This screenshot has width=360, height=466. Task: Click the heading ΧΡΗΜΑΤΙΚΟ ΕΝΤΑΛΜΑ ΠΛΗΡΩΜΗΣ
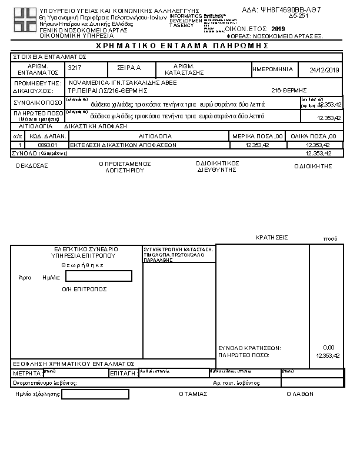pos(180,45)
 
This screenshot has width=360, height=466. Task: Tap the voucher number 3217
pos(75,69)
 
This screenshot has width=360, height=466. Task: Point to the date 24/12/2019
pos(324,70)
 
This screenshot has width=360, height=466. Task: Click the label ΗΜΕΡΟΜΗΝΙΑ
pos(272,69)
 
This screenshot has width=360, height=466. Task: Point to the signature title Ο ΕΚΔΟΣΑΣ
pos(32,166)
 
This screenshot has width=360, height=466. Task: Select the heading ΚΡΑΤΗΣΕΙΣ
pos(271,238)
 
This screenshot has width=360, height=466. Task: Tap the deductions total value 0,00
pos(328,348)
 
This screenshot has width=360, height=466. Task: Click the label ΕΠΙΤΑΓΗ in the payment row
pos(124,373)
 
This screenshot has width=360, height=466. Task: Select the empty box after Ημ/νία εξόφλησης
pos(95,394)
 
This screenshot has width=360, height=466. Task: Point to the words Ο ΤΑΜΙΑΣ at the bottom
pos(193,394)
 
